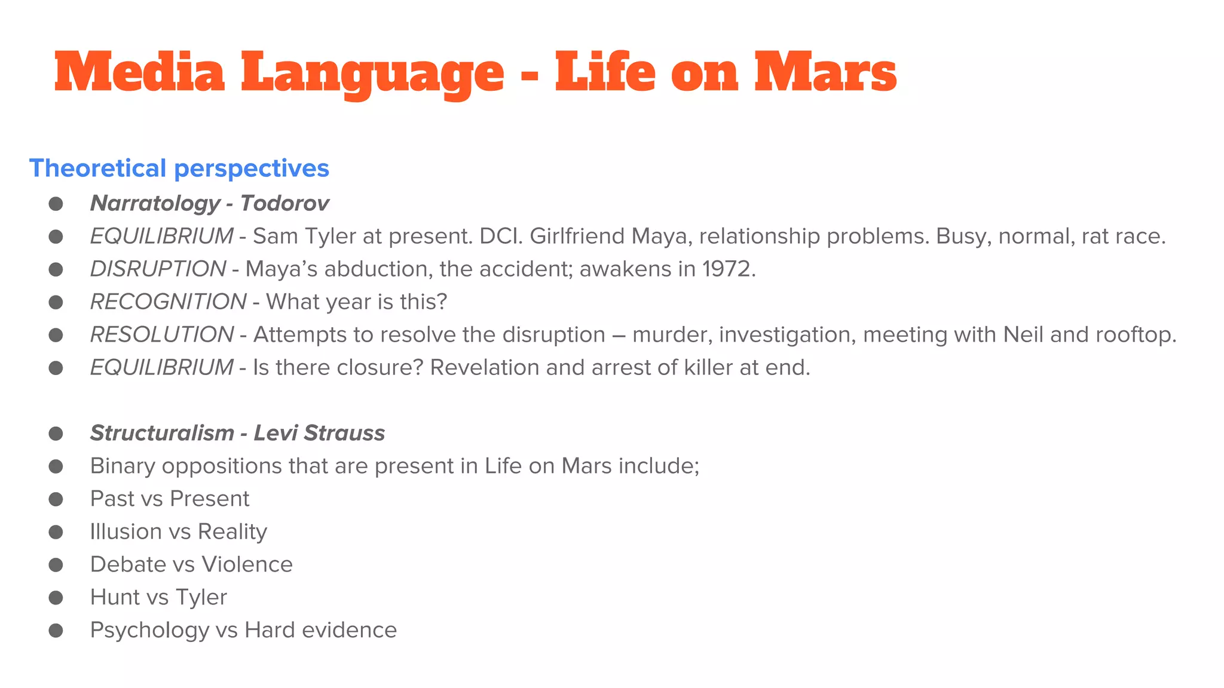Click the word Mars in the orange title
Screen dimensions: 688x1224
point(825,73)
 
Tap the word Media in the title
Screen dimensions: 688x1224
point(139,73)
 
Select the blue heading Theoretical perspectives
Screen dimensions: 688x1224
point(179,168)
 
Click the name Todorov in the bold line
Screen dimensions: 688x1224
point(284,204)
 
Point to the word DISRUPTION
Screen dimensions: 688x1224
point(158,269)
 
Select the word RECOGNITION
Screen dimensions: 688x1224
point(168,302)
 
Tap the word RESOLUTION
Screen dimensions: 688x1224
point(161,335)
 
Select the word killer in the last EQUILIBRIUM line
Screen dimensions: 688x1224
point(708,368)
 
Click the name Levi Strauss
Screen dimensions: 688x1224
point(319,434)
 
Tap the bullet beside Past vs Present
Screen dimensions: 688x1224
point(56,499)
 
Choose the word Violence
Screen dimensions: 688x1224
point(247,565)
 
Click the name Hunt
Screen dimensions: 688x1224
point(112,598)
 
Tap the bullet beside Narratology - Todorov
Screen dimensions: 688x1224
point(56,204)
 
